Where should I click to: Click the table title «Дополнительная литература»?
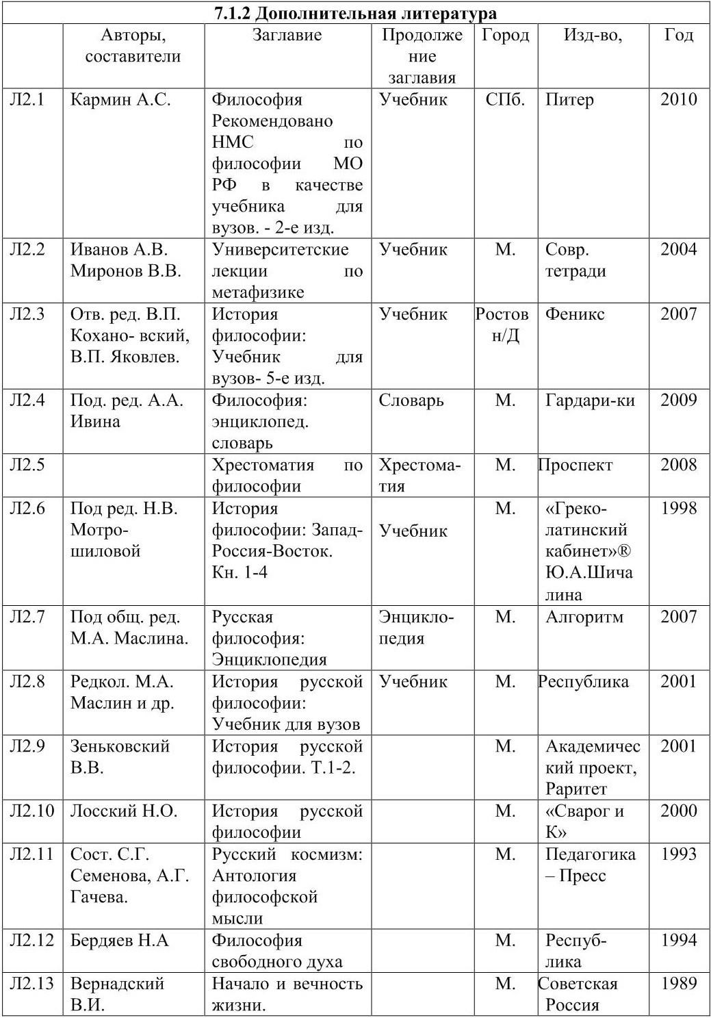pyautogui.click(x=355, y=12)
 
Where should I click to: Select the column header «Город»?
pyautogui.click(x=505, y=35)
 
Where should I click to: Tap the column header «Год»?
pyautogui.click(x=678, y=35)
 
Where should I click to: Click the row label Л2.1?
pyautogui.click(x=27, y=99)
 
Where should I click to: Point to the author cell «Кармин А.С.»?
pyautogui.click(x=120, y=99)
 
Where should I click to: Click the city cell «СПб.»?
pyautogui.click(x=505, y=99)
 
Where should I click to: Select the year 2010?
pyautogui.click(x=678, y=99)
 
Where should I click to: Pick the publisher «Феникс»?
pyautogui.click(x=575, y=314)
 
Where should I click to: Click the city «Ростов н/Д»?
pyautogui.click(x=503, y=325)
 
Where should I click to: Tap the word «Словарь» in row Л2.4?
pyautogui.click(x=411, y=400)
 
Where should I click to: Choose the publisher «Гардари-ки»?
pyautogui.click(x=590, y=400)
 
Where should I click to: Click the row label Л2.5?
pyautogui.click(x=27, y=465)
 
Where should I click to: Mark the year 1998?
pyautogui.click(x=678, y=508)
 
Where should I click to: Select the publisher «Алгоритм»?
pyautogui.click(x=584, y=617)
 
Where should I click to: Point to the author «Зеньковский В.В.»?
pyautogui.click(x=119, y=756)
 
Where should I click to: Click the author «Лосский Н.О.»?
pyautogui.click(x=123, y=811)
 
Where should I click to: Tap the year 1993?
pyautogui.click(x=678, y=854)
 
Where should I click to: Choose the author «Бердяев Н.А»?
pyautogui.click(x=119, y=941)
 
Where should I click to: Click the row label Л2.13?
pyautogui.click(x=31, y=984)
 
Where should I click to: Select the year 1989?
pyautogui.click(x=678, y=984)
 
